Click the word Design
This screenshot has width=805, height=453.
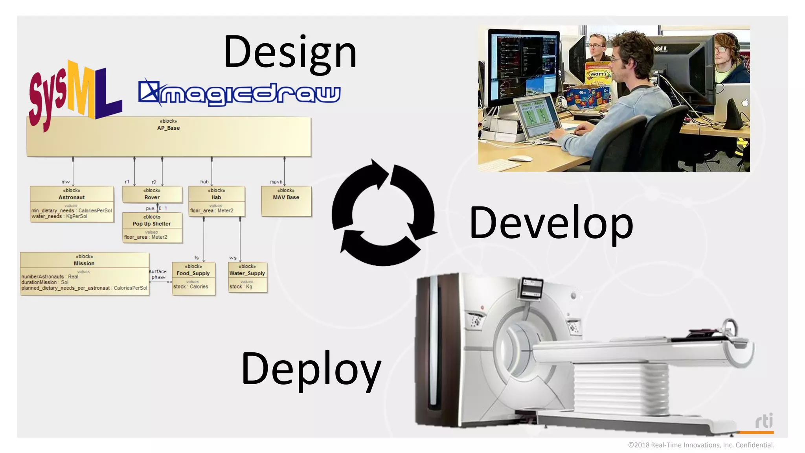pyautogui.click(x=290, y=52)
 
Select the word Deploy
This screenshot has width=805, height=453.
pyautogui.click(x=311, y=369)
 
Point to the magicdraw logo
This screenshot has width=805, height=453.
pyautogui.click(x=239, y=93)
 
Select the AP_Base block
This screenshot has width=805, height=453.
pyautogui.click(x=169, y=136)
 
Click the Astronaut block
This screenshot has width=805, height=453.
pyautogui.click(x=72, y=204)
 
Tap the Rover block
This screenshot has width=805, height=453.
pyautogui.click(x=152, y=194)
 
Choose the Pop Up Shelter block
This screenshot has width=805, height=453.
pyautogui.click(x=152, y=227)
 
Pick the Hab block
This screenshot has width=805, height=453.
pyautogui.click(x=216, y=201)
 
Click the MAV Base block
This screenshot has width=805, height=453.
pyautogui.click(x=286, y=201)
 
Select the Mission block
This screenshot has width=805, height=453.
pyautogui.click(x=84, y=273)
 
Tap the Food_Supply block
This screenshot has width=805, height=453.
pyautogui.click(x=193, y=278)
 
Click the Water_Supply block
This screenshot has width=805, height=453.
pyautogui.click(x=247, y=277)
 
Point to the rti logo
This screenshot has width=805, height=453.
pyautogui.click(x=764, y=422)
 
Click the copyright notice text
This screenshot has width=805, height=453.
pyautogui.click(x=701, y=445)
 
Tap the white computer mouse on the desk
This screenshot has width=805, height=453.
pyautogui.click(x=520, y=159)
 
